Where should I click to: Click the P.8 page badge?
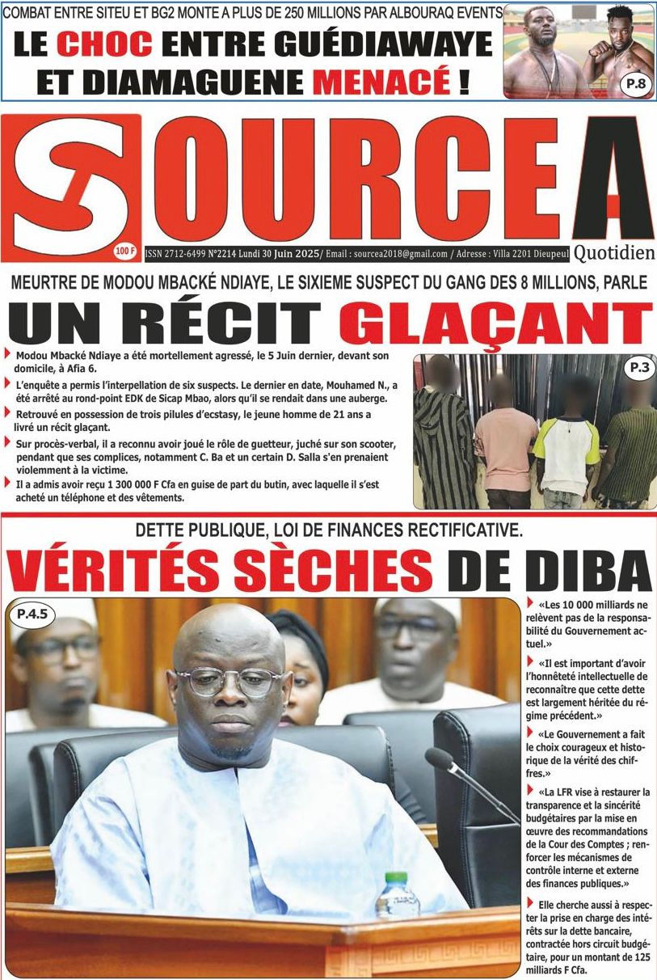[x=634, y=84]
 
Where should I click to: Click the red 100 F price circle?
[x=125, y=251]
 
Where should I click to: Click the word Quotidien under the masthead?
[x=614, y=253]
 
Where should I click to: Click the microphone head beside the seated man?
[x=441, y=761]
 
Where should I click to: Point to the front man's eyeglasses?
[x=230, y=681]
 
